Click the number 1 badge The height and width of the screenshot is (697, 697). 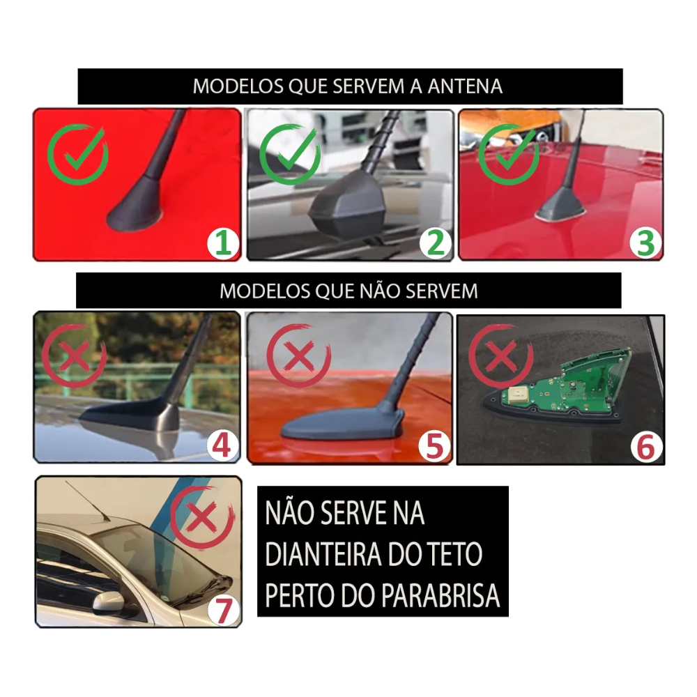(x=223, y=243)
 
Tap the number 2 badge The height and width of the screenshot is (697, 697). (x=436, y=243)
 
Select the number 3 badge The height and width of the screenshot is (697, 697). (x=646, y=243)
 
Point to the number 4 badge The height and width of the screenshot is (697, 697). (x=222, y=446)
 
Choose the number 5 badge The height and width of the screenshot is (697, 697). (x=435, y=446)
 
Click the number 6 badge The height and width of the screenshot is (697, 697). (x=646, y=447)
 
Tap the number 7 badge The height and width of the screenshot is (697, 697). (x=224, y=610)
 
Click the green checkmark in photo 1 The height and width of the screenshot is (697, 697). (x=78, y=154)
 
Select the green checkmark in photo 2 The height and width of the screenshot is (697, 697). (x=290, y=154)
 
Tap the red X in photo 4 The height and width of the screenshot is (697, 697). (x=75, y=355)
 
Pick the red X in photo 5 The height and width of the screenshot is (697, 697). (x=299, y=355)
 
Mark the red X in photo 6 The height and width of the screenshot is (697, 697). (x=501, y=356)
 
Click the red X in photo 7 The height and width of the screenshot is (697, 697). (x=202, y=517)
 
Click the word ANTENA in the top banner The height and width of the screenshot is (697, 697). (x=465, y=86)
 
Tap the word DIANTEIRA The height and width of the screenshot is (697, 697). (x=323, y=554)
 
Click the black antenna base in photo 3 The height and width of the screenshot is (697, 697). (x=560, y=204)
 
